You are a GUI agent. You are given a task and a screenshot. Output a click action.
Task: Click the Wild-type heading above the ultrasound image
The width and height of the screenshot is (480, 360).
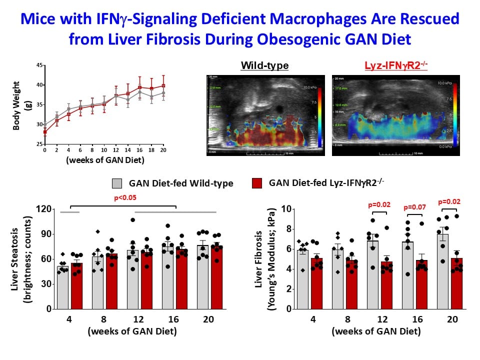264,66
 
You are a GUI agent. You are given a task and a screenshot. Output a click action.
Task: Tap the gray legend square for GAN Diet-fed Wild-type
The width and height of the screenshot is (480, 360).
117,183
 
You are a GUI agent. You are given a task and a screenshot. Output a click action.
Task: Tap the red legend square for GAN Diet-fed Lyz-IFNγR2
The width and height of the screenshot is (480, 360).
257,183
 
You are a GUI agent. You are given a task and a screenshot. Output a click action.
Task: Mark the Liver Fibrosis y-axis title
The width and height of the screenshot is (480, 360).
259,258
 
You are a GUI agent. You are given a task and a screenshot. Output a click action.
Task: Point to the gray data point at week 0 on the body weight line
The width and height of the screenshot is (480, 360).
45,124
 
